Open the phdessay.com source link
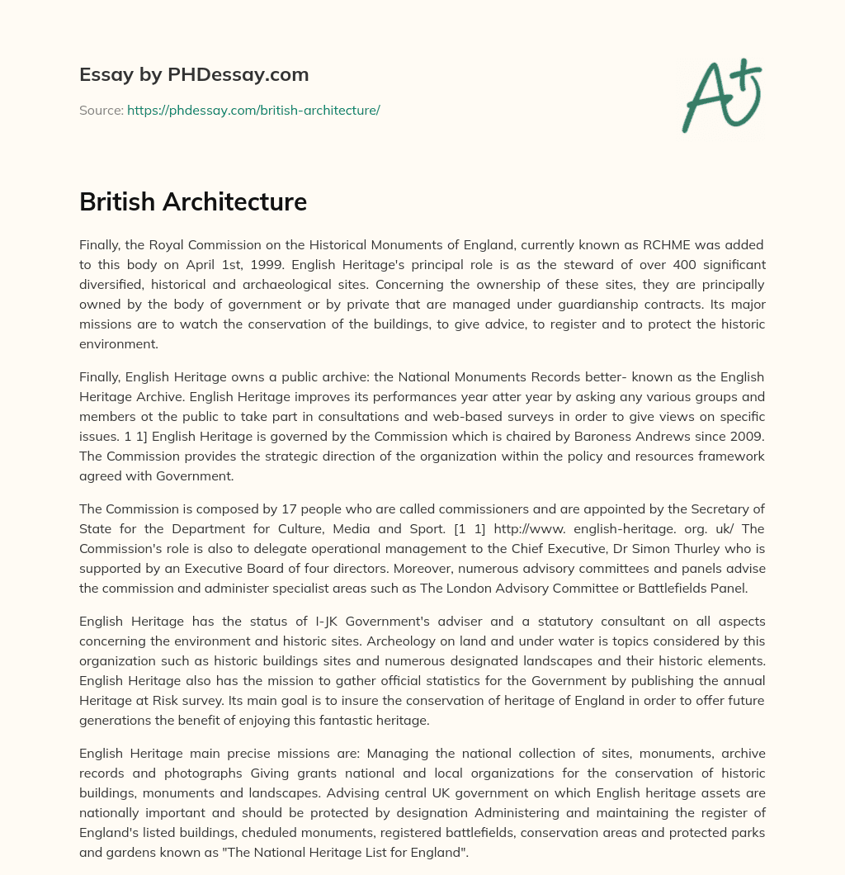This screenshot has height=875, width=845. (x=253, y=110)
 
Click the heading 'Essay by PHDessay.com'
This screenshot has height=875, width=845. (x=194, y=75)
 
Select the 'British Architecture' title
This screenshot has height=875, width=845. (x=193, y=201)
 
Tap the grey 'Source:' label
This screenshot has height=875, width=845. (x=101, y=110)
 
